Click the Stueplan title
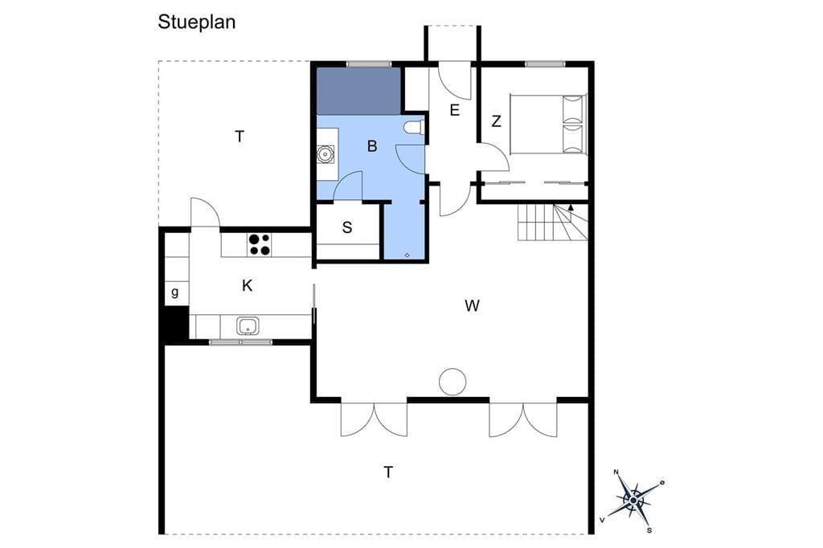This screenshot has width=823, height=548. (x=196, y=22)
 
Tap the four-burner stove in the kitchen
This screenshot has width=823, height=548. (x=260, y=245)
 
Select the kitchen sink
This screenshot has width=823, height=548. (x=248, y=326)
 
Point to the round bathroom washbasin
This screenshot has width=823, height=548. (x=326, y=154)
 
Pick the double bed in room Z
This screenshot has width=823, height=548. (x=547, y=125)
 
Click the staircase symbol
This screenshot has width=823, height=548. (x=553, y=222)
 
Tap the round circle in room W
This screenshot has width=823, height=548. (x=452, y=382)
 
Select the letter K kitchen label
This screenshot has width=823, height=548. (x=248, y=286)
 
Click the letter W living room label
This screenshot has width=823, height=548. (x=472, y=305)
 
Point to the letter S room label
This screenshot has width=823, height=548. (x=347, y=228)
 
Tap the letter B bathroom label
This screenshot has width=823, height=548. (x=372, y=146)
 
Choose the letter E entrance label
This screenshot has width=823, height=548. (x=455, y=110)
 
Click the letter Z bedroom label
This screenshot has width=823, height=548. (x=496, y=122)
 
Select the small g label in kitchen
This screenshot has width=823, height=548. (x=174, y=292)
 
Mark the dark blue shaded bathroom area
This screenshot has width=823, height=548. (x=359, y=91)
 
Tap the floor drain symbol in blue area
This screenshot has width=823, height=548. (x=407, y=255)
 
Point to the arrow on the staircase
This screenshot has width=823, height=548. (x=571, y=207)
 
